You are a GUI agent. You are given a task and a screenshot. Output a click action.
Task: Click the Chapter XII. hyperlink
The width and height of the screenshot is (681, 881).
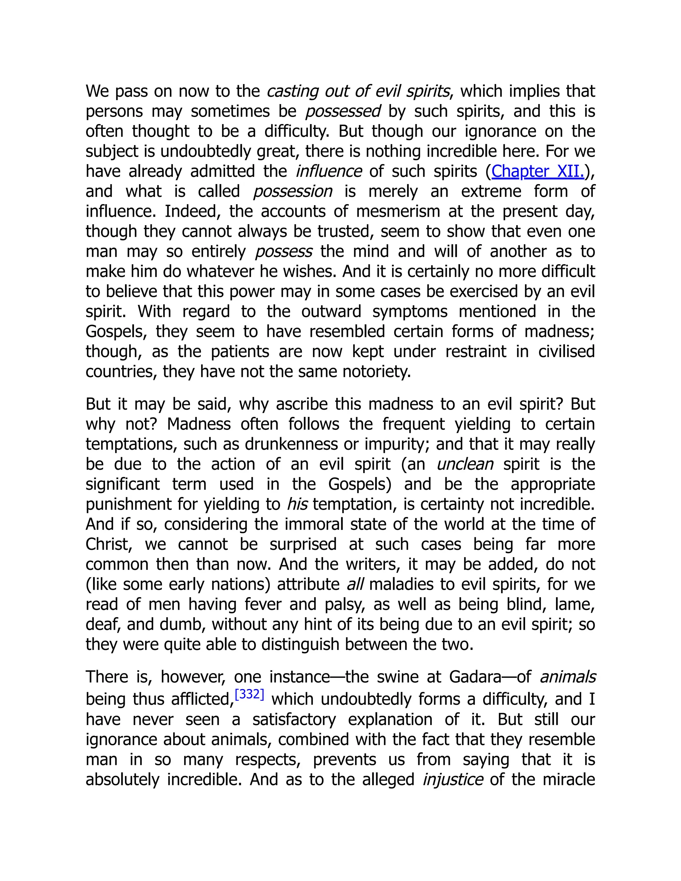coord(537,172)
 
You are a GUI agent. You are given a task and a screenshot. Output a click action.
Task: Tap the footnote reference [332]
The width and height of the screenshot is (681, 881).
coord(249,694)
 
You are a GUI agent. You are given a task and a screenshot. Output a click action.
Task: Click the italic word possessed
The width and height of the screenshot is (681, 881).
coord(343,111)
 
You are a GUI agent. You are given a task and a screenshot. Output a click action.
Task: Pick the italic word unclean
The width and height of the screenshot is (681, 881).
coord(465,464)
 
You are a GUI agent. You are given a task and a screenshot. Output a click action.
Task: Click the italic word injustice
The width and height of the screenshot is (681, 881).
coord(452,779)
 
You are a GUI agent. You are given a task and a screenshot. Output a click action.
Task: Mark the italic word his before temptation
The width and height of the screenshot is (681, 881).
coord(297,504)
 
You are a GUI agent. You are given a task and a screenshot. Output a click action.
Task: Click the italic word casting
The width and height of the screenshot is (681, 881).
coord(291,91)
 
